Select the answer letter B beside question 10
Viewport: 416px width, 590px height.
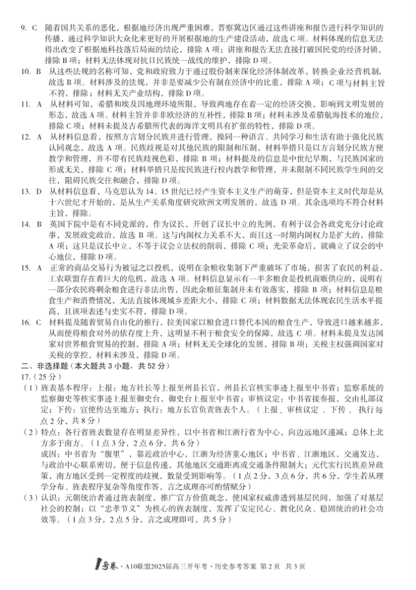pyautogui.click(x=35, y=71)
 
